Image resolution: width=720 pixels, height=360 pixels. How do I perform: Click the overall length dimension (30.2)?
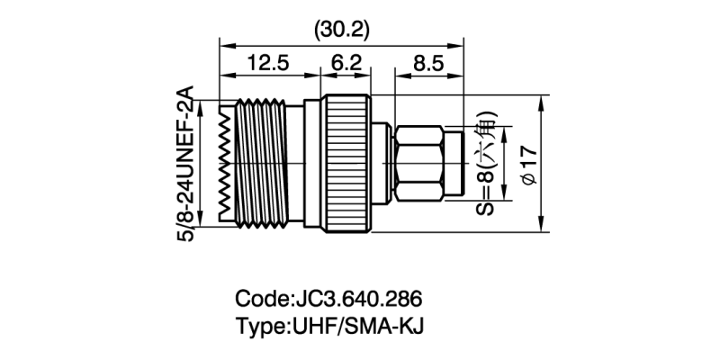click(341, 30)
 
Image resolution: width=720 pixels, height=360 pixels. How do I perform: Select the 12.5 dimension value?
click(267, 64)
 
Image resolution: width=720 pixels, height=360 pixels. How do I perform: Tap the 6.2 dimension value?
click(345, 64)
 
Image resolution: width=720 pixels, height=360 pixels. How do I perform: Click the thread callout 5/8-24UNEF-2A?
click(186, 163)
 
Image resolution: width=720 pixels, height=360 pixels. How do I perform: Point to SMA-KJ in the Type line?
click(382, 325)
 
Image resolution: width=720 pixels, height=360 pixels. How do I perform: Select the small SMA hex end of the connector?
click(421, 163)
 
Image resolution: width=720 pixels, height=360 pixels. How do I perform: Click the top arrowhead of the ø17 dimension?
click(541, 100)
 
